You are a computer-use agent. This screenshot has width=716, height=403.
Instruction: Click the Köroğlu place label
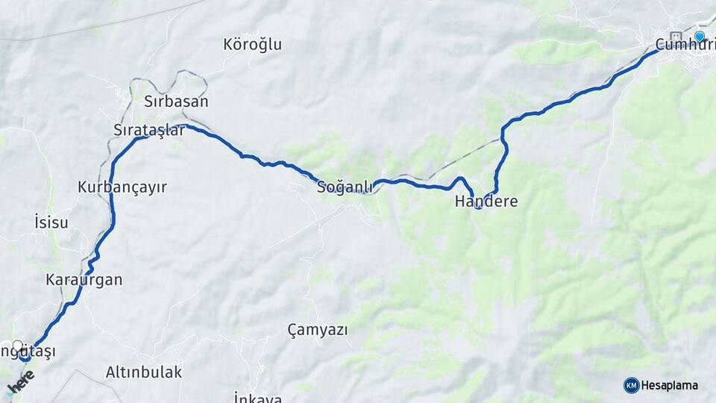(x=253, y=45)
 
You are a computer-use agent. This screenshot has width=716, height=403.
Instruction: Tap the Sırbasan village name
(x=176, y=101)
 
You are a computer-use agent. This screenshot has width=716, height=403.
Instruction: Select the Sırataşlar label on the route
(x=149, y=130)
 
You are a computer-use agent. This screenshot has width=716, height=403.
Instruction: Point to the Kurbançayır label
(x=122, y=187)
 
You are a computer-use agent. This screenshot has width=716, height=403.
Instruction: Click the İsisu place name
(x=51, y=222)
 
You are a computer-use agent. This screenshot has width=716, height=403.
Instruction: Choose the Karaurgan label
(x=84, y=281)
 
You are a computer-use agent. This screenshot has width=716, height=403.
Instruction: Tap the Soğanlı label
(x=345, y=187)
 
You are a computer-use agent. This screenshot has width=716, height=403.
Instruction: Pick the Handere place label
(x=486, y=201)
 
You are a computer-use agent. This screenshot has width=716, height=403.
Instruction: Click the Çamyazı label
(x=318, y=329)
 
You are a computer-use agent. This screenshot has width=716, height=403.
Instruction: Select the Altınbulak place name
(x=144, y=372)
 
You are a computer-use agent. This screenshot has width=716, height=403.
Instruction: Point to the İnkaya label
(x=257, y=398)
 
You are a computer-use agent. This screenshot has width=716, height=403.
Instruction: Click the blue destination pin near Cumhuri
(x=700, y=36)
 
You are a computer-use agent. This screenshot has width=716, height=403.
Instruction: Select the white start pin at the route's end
(x=17, y=346)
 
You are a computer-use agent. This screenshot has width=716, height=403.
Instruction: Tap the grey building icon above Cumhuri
(x=676, y=36)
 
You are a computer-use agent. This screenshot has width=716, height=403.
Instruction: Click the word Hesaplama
(x=670, y=385)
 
